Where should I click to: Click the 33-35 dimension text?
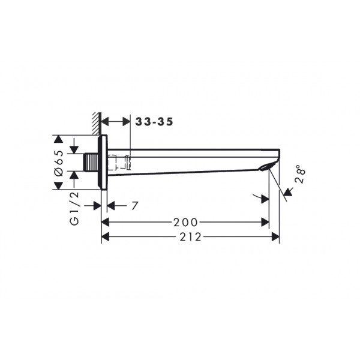tap(154, 122)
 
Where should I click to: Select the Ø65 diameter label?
tap(59, 163)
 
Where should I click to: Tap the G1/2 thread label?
tap(74, 208)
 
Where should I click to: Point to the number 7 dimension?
tap(135, 206)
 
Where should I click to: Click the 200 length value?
tap(185, 222)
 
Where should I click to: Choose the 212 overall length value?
tap(190, 237)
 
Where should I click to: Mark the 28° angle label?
tap(301, 174)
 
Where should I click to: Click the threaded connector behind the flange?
tap(91, 163)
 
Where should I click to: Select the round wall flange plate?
tap(103, 162)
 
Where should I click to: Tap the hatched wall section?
tap(97, 124)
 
